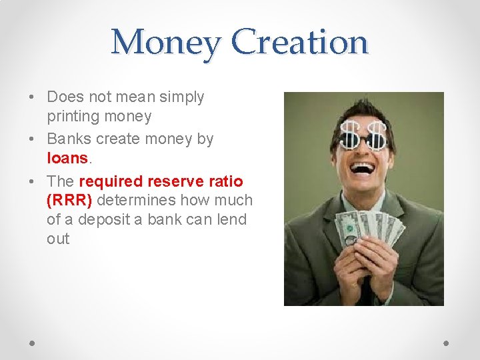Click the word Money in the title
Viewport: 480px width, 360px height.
[x=165, y=42]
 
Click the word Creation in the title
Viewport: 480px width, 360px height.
[x=299, y=42]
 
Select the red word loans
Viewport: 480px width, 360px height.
[x=67, y=158]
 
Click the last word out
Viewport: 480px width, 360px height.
[x=58, y=239]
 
